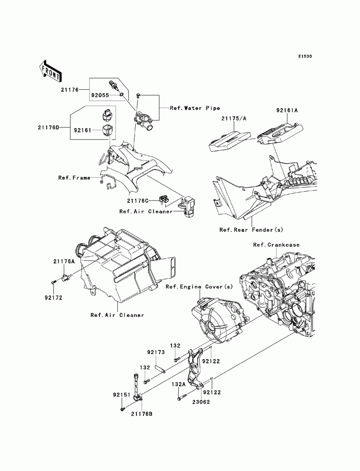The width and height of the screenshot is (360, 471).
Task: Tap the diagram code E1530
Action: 305,56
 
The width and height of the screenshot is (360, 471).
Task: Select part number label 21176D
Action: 48,127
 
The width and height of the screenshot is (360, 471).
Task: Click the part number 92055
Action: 100,95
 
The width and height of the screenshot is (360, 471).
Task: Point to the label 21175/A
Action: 233,118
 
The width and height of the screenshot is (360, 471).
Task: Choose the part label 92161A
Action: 287,110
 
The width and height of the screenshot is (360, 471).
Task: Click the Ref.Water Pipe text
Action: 195,108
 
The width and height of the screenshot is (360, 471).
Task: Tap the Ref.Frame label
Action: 74,178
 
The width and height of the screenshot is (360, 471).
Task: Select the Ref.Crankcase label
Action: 276,245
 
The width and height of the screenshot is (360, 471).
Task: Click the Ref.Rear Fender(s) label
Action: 251,230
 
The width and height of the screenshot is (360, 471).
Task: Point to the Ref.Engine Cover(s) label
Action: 199,287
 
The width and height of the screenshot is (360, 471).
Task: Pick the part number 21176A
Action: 64,261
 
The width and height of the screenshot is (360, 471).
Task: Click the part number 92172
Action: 53,298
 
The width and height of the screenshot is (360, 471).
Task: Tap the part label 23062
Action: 201,402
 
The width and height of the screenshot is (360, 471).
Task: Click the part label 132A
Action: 179,385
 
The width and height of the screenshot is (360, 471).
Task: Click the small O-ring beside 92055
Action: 122,94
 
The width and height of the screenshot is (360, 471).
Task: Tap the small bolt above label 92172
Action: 54,282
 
